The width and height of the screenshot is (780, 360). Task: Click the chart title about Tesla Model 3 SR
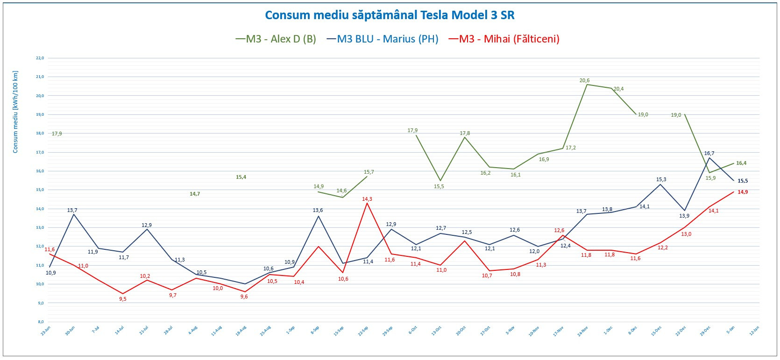[x=390, y=15]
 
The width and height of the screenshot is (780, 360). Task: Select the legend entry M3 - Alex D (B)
[x=276, y=39]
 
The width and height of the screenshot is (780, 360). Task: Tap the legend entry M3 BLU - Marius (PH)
[x=383, y=39]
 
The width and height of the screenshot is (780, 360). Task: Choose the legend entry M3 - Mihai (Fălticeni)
[x=504, y=39]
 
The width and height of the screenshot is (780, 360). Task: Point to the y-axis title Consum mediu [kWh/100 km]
[x=15, y=112]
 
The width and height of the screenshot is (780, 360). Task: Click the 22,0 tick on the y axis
[x=40, y=58]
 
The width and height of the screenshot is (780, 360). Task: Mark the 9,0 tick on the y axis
[x=40, y=303]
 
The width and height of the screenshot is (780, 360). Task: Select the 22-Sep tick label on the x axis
[x=363, y=331]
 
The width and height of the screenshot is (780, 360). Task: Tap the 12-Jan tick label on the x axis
[x=754, y=331]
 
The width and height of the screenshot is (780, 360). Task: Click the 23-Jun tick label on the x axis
[x=45, y=331]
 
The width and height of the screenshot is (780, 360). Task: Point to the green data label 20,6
[x=584, y=80]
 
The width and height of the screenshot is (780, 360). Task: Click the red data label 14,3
[x=367, y=199]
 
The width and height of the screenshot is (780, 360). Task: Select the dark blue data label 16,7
[x=709, y=153]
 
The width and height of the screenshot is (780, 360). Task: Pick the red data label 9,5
[x=122, y=299]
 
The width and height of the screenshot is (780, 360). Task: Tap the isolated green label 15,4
[x=241, y=177]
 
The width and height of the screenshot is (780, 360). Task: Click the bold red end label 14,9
[x=743, y=192]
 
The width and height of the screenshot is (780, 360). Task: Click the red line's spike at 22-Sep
[x=367, y=203]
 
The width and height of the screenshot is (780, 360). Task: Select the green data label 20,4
[x=618, y=89]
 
